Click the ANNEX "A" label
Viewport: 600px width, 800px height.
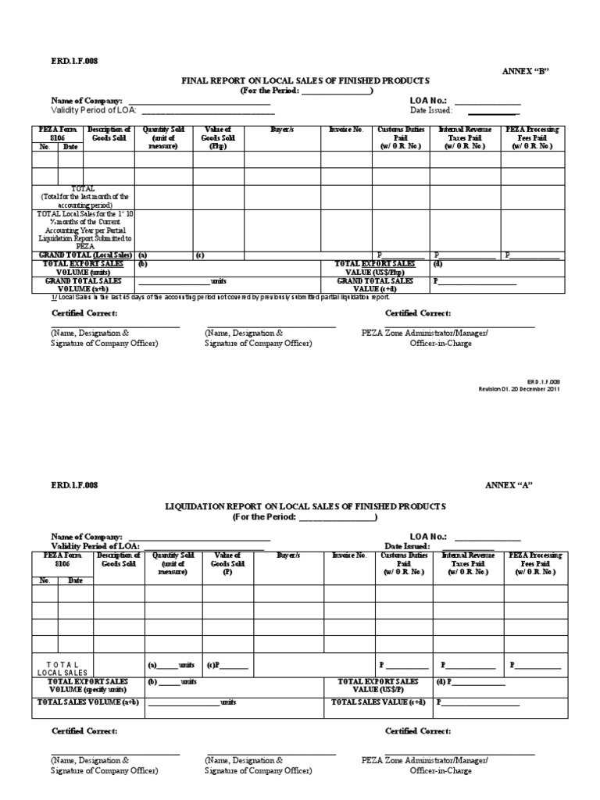click(x=509, y=485)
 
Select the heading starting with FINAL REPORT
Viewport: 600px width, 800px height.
click(x=305, y=80)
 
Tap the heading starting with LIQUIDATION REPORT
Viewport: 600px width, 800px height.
click(x=305, y=506)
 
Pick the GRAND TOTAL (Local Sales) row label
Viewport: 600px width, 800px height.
click(x=84, y=255)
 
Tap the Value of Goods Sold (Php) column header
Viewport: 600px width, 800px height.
click(x=220, y=137)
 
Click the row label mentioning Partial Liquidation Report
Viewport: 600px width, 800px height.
click(x=84, y=230)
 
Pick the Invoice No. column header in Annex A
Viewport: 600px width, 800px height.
click(x=349, y=555)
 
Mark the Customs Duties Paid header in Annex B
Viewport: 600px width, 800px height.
click(x=400, y=137)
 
